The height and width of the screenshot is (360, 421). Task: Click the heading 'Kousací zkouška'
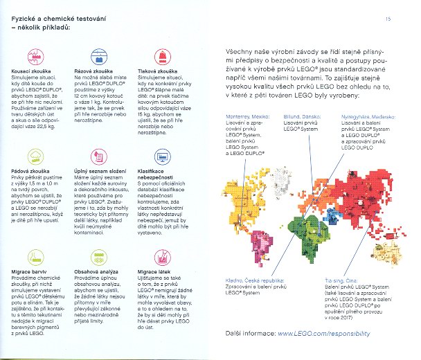click(x=28, y=71)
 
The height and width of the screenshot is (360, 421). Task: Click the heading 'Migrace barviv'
click(x=26, y=271)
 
